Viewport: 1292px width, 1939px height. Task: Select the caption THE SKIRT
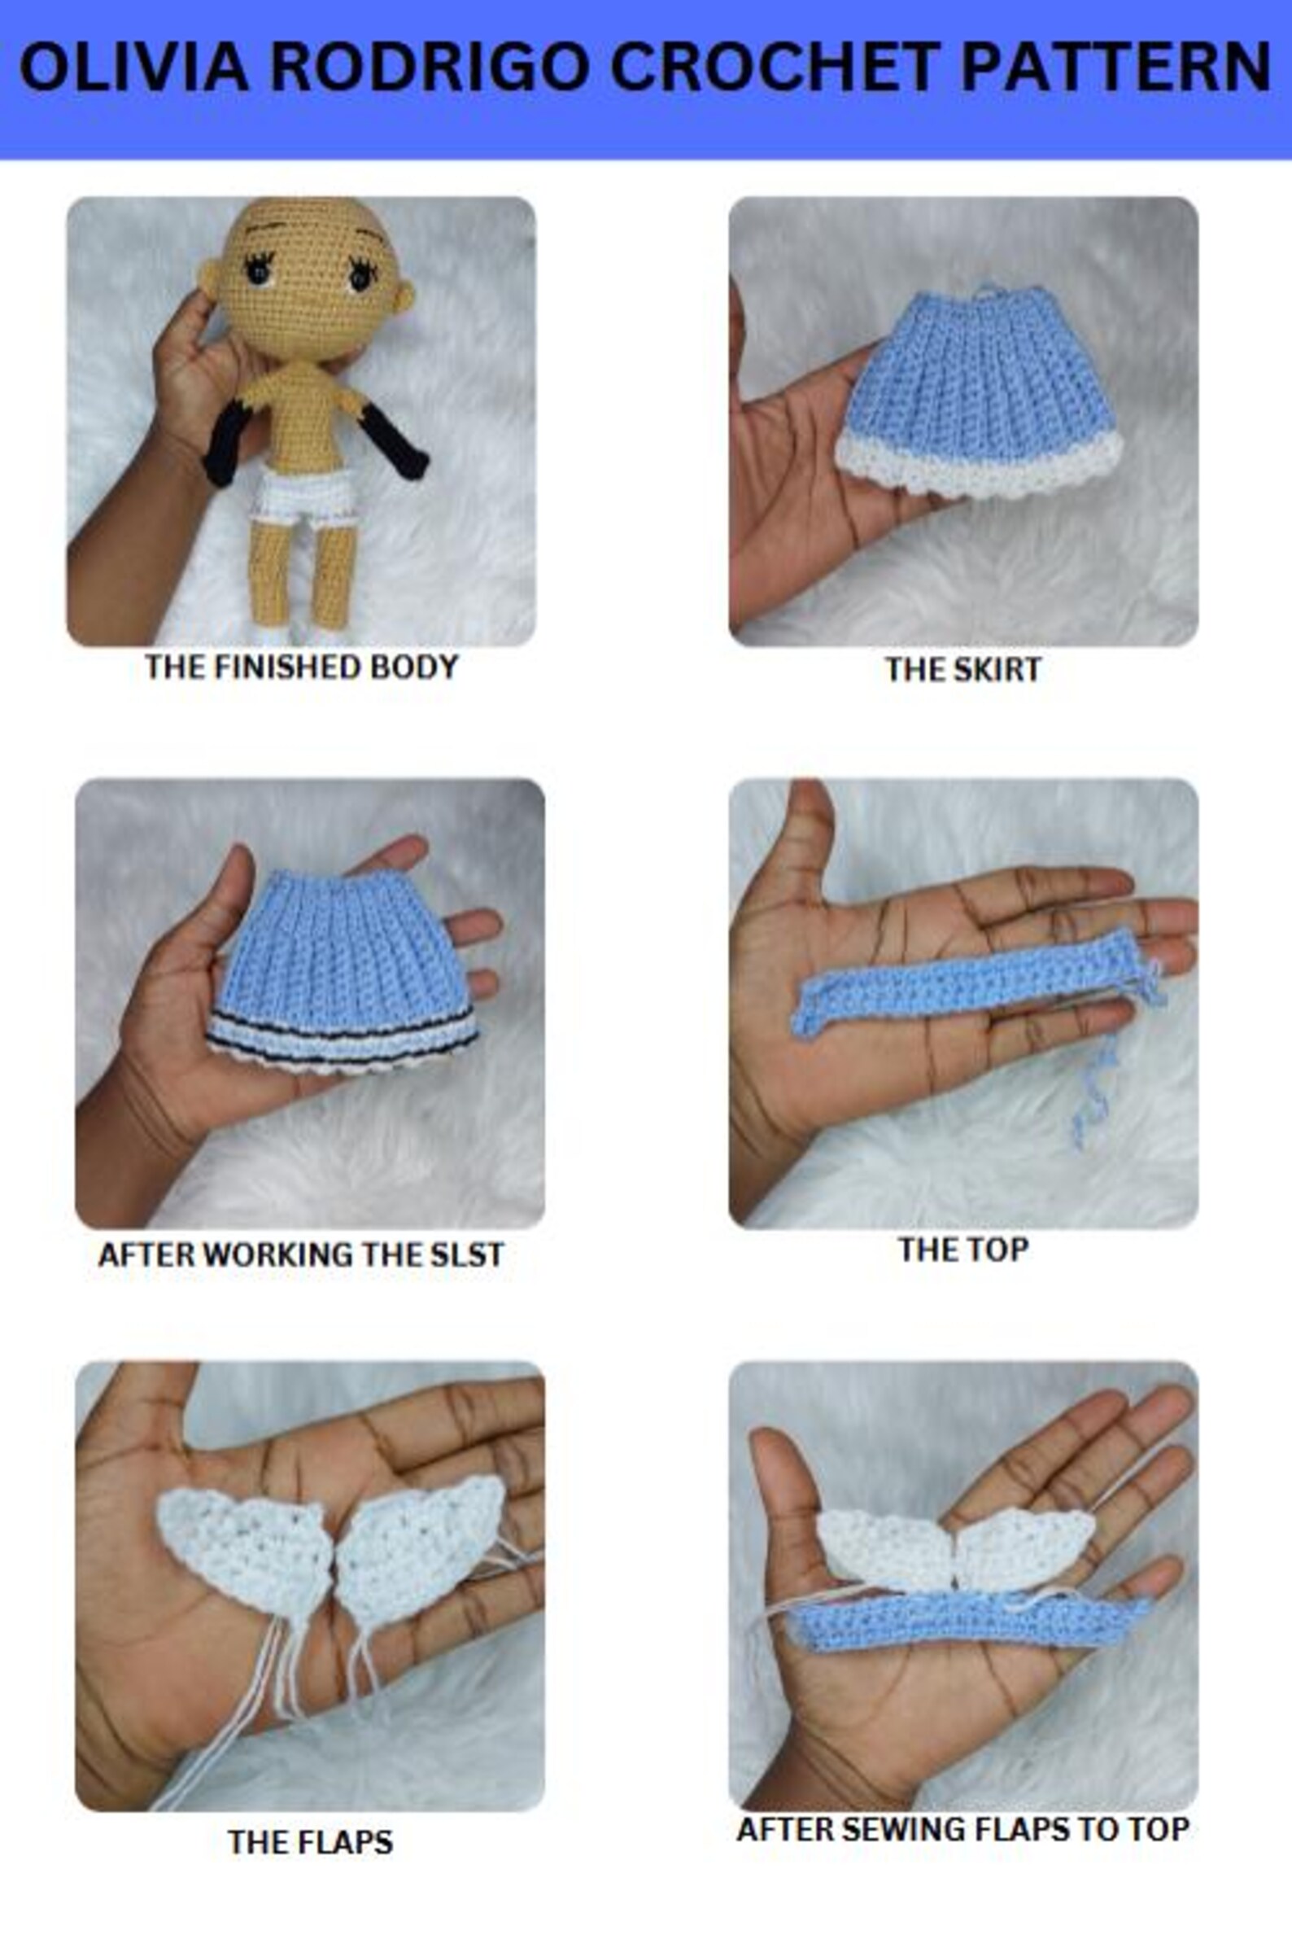coord(962,669)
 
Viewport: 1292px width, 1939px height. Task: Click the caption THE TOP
coord(962,1250)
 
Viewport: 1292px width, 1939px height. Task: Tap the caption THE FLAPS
coord(310,1841)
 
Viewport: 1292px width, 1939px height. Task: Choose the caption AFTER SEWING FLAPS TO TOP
coord(962,1828)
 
